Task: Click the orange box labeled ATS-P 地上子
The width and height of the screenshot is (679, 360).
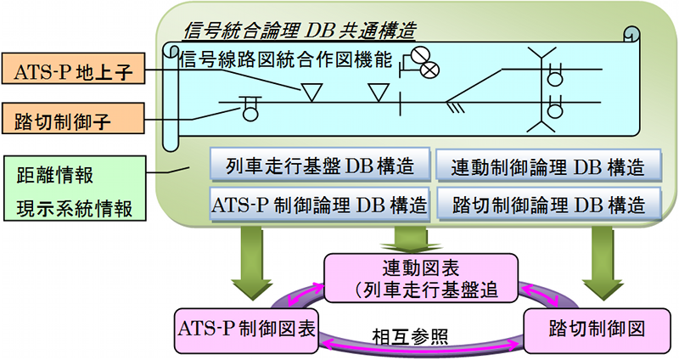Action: [x=73, y=69]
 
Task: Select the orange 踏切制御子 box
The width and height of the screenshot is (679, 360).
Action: [x=73, y=118]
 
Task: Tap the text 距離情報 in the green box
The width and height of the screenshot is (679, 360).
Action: [x=55, y=176]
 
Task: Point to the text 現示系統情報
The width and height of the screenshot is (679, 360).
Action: [x=75, y=208]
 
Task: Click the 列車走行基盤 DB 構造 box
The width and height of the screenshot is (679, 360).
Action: [x=320, y=165]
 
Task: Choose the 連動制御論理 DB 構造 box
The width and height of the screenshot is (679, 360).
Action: [x=548, y=166]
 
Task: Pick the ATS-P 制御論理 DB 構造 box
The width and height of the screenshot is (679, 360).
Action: [x=320, y=205]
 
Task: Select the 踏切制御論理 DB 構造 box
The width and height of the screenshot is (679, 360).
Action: [x=548, y=204]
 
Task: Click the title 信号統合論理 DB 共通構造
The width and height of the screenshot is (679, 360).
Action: [x=300, y=31]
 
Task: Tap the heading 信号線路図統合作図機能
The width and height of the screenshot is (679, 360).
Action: [x=286, y=59]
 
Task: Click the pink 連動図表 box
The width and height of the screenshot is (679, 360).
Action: [x=421, y=278]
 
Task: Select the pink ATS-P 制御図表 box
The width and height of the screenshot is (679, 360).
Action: [x=246, y=330]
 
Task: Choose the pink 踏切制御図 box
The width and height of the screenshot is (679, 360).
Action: [x=598, y=330]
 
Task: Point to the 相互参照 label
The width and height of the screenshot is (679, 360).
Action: [x=410, y=336]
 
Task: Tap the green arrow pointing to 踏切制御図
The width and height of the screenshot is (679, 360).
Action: [x=603, y=263]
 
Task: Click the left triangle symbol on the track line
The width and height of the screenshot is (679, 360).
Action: [x=311, y=93]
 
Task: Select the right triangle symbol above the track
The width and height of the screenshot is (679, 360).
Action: [x=379, y=93]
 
